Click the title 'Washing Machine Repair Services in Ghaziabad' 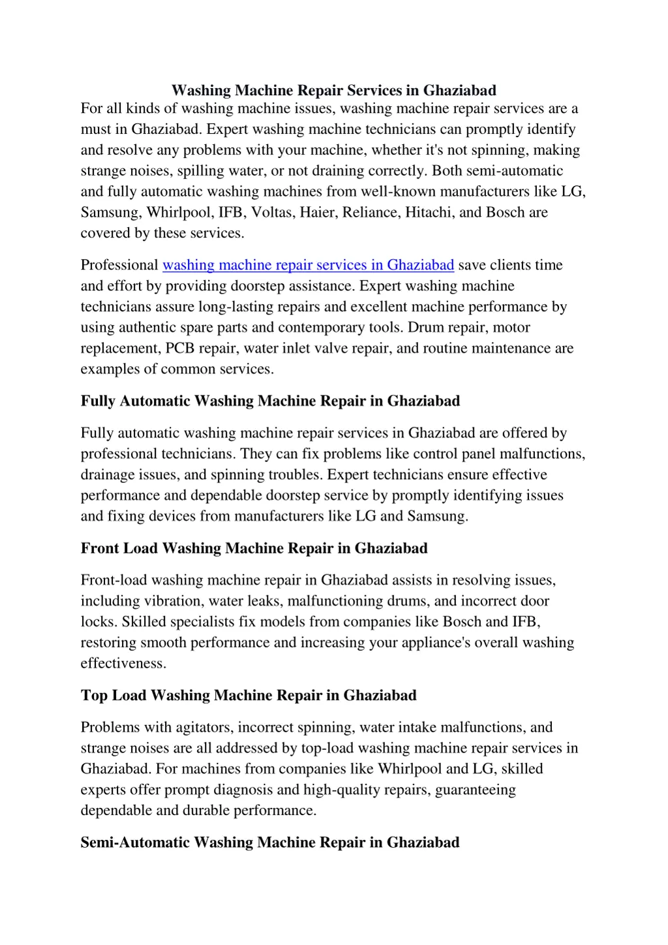[333, 90]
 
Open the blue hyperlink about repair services [308, 265]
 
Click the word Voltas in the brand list [271, 212]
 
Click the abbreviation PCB [180, 348]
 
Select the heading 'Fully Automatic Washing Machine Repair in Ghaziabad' [270, 401]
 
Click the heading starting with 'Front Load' [254, 548]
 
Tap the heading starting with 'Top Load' [249, 695]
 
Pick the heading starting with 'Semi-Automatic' [270, 843]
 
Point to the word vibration [173, 601]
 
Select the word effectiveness [123, 664]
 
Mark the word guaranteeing [475, 790]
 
